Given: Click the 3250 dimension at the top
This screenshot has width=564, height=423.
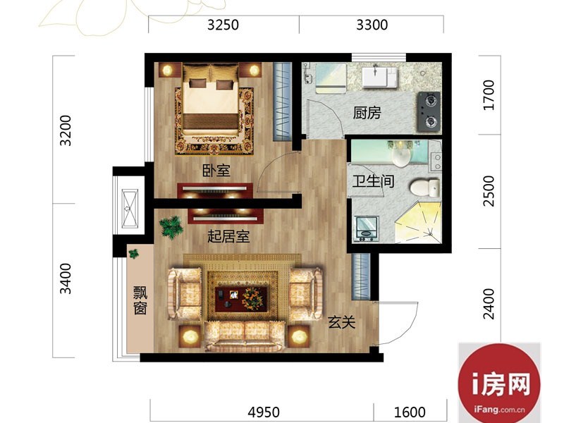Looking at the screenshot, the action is (x=223, y=25).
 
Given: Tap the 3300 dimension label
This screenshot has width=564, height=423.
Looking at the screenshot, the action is (x=372, y=25).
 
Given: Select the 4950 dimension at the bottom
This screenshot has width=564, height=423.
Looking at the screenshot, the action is (x=264, y=412).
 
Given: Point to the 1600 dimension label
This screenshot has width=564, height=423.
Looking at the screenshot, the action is (x=410, y=412).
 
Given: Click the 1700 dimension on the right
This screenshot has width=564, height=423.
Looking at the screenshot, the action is (x=489, y=95).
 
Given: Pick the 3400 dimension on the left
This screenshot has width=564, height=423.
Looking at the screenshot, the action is (x=66, y=278).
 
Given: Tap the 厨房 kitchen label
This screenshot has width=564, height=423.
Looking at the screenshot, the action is (x=367, y=113).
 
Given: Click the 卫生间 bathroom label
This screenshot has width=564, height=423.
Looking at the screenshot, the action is (x=373, y=181).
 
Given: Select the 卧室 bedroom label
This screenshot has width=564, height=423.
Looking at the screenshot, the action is (x=216, y=170).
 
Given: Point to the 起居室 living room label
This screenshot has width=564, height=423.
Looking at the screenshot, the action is (x=228, y=237).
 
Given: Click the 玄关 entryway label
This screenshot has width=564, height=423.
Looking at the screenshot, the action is (x=341, y=322).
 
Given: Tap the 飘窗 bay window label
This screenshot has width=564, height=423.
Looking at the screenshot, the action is (x=140, y=300).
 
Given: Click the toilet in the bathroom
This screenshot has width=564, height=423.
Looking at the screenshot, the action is (x=424, y=188).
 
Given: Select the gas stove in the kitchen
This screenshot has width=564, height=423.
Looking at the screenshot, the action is (x=429, y=111).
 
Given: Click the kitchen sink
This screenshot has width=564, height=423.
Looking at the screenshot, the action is (x=380, y=78).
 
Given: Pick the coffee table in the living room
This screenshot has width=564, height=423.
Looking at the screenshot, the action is (x=242, y=298).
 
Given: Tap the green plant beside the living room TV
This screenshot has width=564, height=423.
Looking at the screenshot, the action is (x=171, y=226).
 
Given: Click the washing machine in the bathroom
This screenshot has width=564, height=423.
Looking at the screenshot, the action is (x=367, y=228).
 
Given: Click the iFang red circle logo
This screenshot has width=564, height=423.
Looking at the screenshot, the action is (x=499, y=384).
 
